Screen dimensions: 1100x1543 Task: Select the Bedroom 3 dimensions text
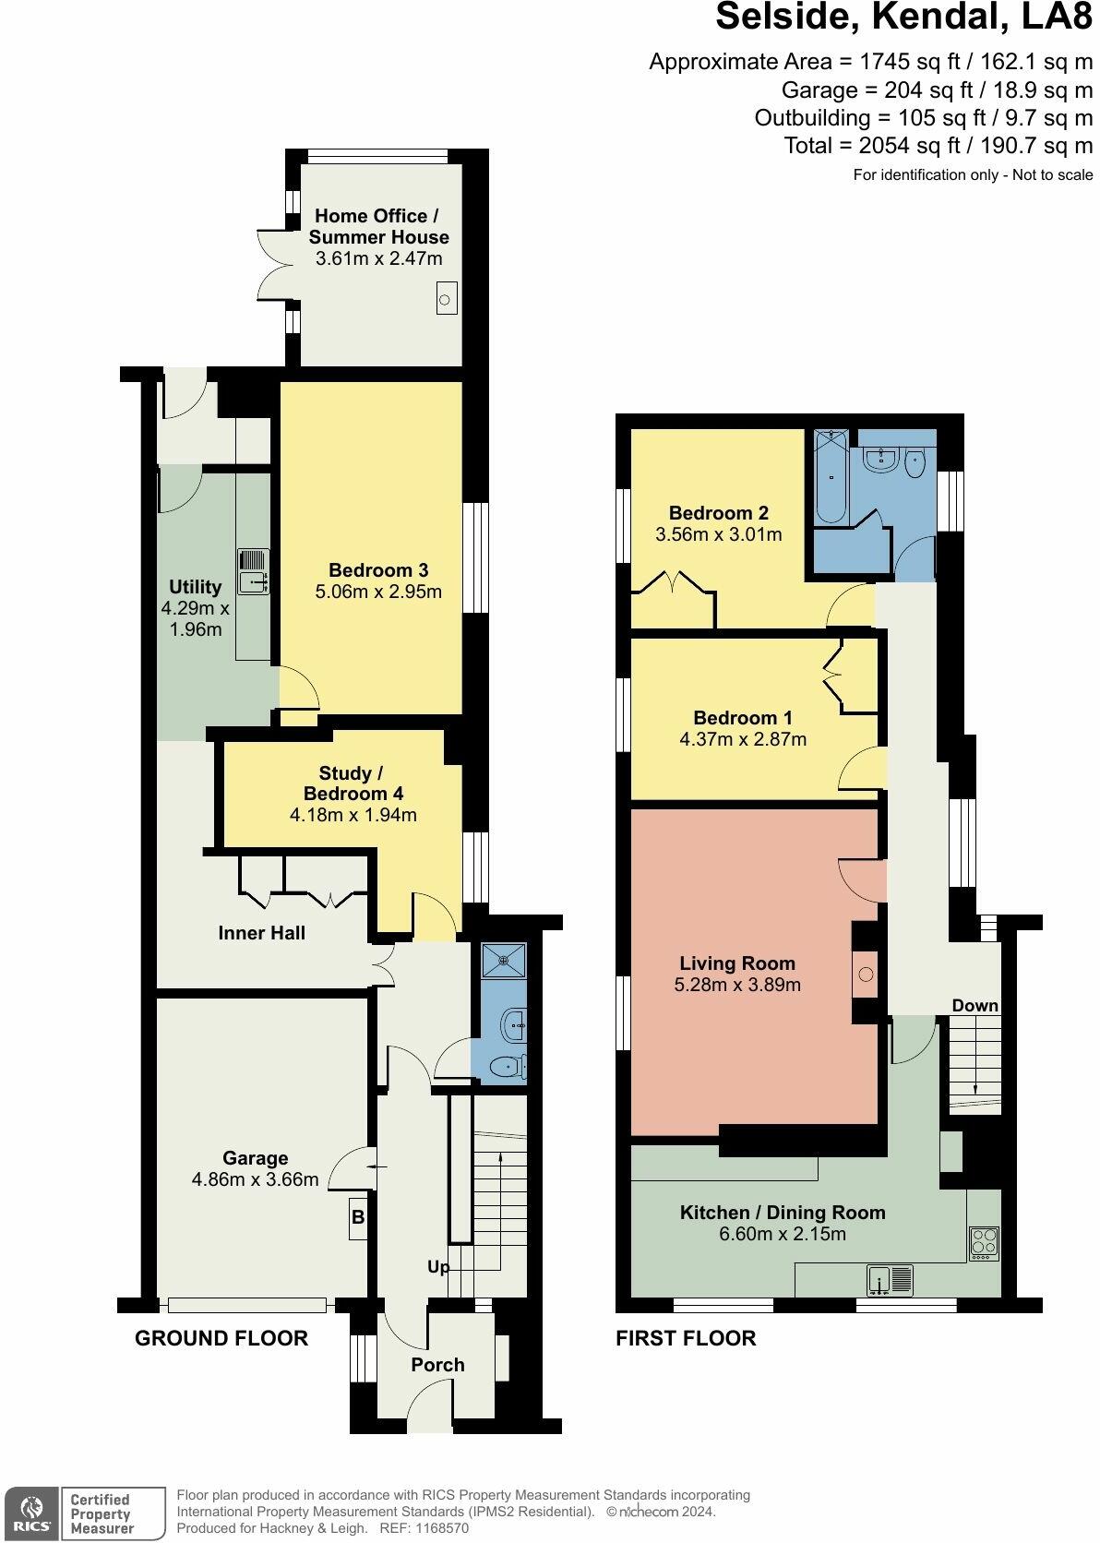click(378, 591)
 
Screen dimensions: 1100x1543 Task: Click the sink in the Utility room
click(253, 571)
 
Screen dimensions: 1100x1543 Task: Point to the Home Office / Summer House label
click(378, 227)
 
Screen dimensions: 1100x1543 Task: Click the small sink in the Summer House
click(447, 299)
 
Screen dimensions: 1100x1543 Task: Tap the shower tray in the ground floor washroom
click(504, 961)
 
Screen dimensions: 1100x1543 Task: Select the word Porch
click(437, 1365)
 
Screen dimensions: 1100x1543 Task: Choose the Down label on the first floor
click(974, 1005)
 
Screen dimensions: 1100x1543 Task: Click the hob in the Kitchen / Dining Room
click(983, 1243)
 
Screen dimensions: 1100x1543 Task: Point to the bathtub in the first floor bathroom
click(832, 476)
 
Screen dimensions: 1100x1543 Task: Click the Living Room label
click(737, 963)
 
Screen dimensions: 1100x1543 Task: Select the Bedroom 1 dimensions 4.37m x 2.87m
click(743, 739)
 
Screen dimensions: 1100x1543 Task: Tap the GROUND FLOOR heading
click(221, 1338)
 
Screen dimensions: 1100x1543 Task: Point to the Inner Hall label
click(261, 933)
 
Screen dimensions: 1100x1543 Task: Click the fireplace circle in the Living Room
click(866, 974)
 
